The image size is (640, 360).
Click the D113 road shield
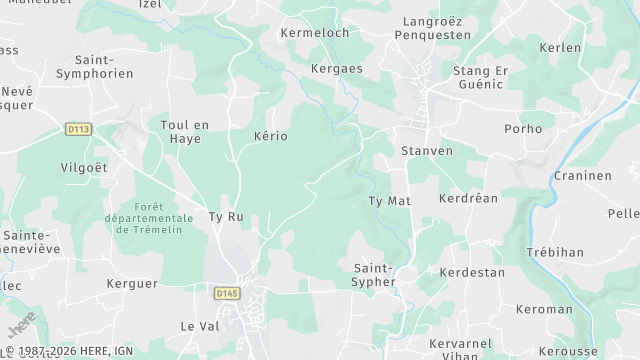pos(78,128)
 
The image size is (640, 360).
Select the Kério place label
pos(271,135)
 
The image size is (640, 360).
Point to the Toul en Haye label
pos(185,131)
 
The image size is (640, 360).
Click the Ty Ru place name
pos(225,216)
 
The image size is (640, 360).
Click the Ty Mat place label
pos(390,201)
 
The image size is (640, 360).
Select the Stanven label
pos(426,151)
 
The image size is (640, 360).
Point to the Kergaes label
pos(335,69)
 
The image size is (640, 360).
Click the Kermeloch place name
pos(315,33)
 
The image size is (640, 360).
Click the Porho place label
pos(523,128)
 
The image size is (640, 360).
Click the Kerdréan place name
pos(468,198)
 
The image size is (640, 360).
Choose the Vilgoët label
pos(84,167)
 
